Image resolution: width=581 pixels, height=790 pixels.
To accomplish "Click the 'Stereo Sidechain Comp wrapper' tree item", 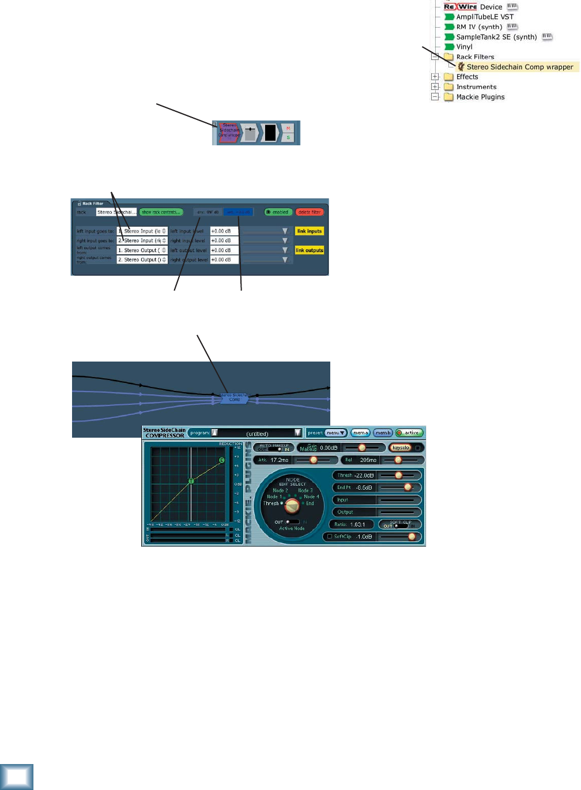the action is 519,67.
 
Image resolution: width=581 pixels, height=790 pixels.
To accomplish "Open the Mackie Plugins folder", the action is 480,97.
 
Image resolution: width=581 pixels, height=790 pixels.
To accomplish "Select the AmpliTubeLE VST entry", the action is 484,17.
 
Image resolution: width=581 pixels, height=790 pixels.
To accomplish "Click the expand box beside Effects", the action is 435,77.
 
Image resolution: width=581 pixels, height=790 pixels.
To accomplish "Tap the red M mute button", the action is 288,129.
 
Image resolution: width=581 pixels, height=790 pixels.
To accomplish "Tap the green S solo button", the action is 288,137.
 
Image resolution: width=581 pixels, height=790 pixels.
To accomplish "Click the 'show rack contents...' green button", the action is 161,212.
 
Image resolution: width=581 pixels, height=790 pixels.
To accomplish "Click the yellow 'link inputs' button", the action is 310,231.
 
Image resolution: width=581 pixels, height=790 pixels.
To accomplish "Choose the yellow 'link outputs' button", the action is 310,250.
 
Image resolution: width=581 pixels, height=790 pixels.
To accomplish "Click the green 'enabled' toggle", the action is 278,212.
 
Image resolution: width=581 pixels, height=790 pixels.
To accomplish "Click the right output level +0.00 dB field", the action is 224,260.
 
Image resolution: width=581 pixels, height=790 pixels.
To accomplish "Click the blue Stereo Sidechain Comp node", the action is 235,398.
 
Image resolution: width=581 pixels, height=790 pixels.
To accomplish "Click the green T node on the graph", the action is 191,481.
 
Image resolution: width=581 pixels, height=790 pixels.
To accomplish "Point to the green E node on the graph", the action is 222,460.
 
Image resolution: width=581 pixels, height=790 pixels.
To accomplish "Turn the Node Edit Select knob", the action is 292,506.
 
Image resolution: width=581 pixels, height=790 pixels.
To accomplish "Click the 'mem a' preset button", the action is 361,433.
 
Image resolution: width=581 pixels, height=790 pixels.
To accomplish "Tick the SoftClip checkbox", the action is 330,537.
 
